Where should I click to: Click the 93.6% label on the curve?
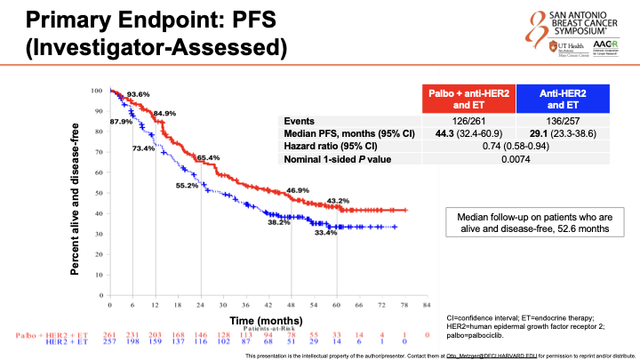tap(138, 95)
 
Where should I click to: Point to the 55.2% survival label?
tap(187, 186)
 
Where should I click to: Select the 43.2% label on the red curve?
tap(339, 200)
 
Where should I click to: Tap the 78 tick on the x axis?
tap(405, 305)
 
